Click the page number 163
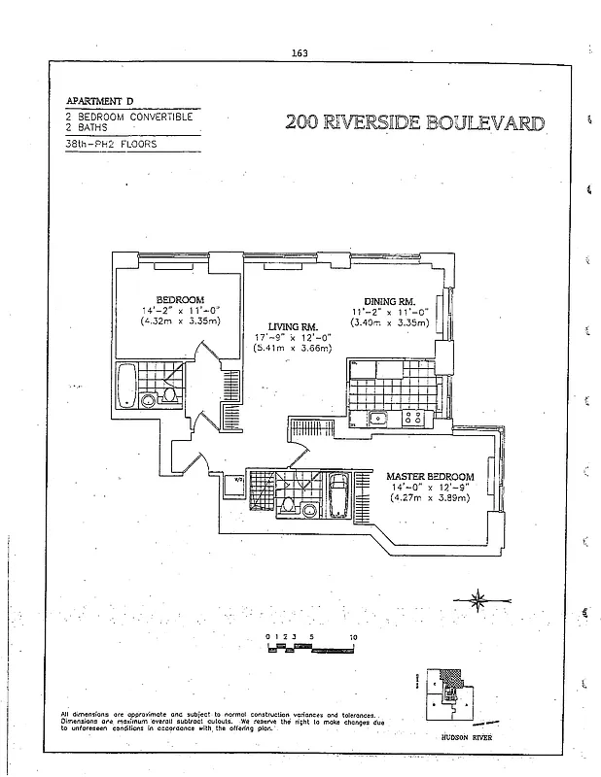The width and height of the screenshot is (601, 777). [300, 53]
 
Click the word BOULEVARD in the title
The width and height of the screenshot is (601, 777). [481, 123]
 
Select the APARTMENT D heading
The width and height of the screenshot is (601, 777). [99, 101]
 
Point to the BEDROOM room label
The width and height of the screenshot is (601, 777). [180, 299]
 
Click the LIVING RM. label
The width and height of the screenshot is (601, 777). [292, 326]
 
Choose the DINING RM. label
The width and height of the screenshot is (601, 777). [390, 302]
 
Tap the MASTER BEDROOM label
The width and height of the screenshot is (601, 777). [430, 477]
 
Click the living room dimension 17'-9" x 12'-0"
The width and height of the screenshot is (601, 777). [292, 337]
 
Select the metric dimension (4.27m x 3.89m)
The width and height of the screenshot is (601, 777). [430, 498]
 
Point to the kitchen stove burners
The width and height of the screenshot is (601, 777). [415, 419]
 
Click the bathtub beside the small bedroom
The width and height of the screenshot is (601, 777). [126, 386]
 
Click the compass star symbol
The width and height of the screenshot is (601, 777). [478, 599]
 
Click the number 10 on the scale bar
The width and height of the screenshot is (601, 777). [352, 637]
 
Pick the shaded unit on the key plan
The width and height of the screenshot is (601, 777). [447, 680]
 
